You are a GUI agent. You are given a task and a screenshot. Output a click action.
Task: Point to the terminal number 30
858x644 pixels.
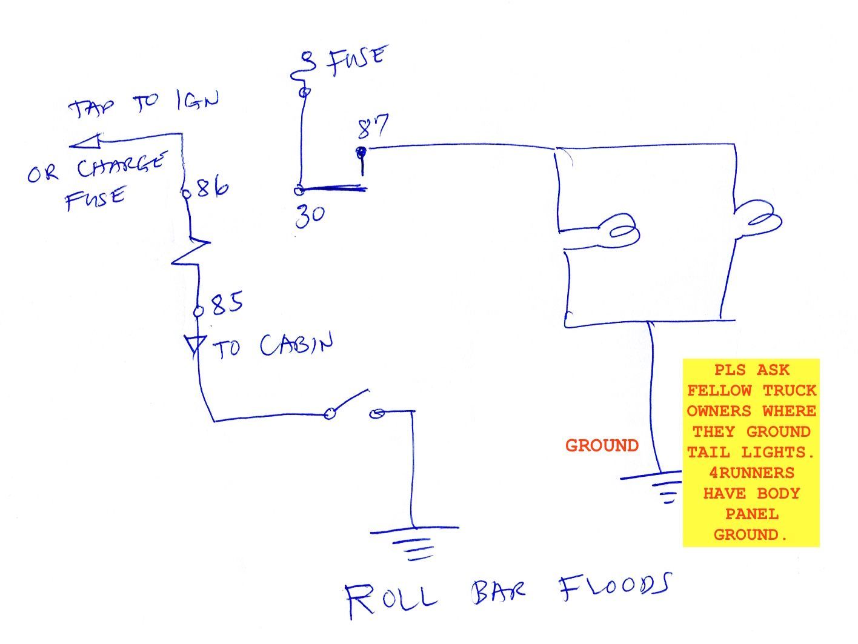pyautogui.click(x=310, y=215)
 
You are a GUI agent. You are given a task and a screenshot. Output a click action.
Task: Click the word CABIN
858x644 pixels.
pyautogui.click(x=296, y=345)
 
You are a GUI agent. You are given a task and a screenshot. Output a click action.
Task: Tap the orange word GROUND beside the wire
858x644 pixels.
pyautogui.click(x=602, y=446)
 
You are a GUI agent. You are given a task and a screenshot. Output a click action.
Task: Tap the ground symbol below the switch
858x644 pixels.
pyautogui.click(x=414, y=542)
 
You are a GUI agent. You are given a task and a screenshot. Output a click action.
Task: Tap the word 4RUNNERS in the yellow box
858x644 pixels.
pyautogui.click(x=751, y=473)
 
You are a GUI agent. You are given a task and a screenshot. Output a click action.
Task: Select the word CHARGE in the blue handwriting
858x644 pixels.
pyautogui.click(x=121, y=167)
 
